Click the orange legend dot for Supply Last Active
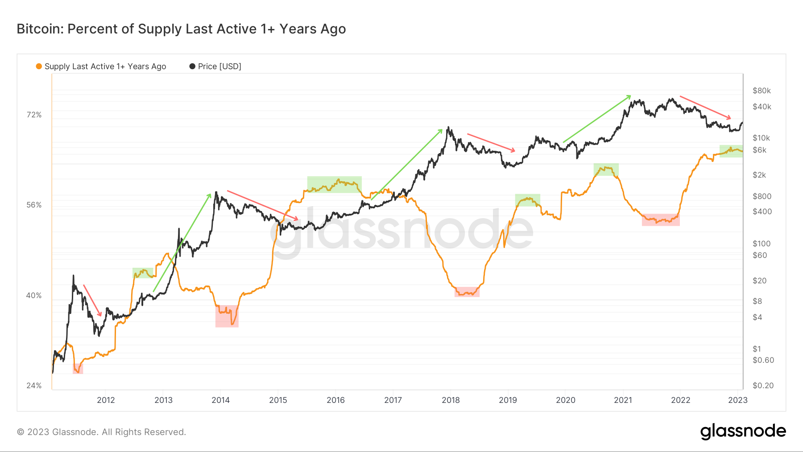click(39, 66)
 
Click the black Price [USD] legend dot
click(192, 66)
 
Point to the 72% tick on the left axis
click(34, 115)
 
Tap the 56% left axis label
click(34, 205)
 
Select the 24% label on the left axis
click(34, 386)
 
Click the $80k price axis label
click(762, 91)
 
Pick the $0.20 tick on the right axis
click(763, 386)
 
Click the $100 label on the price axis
click(762, 244)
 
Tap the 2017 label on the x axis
click(393, 400)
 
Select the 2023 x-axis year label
click(737, 400)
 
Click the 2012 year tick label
click(106, 400)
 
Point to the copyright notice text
click(101, 432)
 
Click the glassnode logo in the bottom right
click(743, 431)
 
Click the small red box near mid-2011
click(78, 369)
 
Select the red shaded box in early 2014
click(227, 316)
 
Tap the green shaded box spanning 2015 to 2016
click(334, 184)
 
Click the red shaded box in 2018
click(467, 292)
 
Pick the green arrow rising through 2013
click(182, 243)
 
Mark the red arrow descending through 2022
click(705, 107)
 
